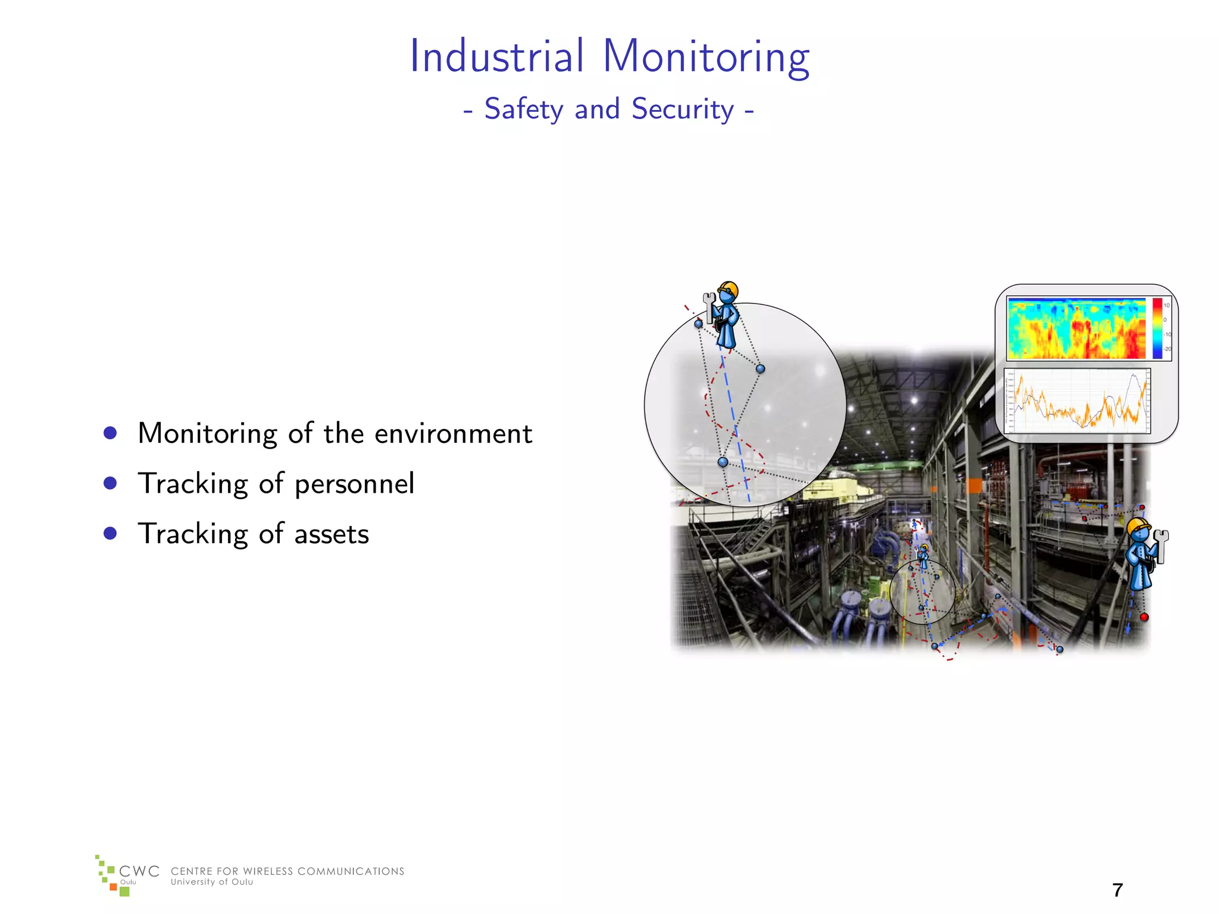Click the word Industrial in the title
click(497, 57)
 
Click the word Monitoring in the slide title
click(706, 58)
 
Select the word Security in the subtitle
click(683, 109)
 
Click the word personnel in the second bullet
click(354, 484)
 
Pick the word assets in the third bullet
click(332, 534)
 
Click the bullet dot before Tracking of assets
click(110, 533)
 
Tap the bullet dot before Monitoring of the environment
click(110, 433)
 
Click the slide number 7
click(1117, 890)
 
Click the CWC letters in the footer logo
click(139, 871)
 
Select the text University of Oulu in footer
click(212, 882)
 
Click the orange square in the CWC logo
click(113, 887)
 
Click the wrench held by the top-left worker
click(709, 305)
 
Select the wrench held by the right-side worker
click(1161, 545)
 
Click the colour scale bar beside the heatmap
click(1157, 328)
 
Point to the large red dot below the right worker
click(1144, 617)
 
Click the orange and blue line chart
click(1077, 400)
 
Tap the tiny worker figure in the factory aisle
click(923, 555)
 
